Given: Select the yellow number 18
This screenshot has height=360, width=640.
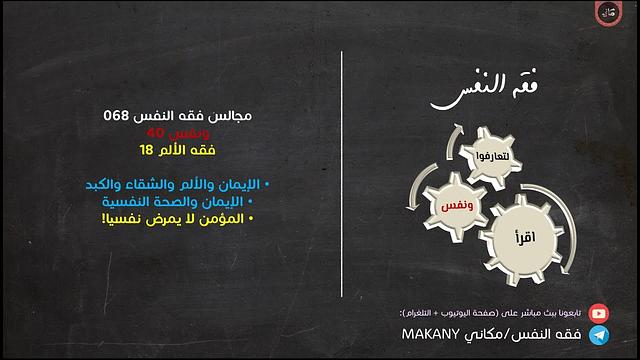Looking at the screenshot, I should click(x=146, y=150).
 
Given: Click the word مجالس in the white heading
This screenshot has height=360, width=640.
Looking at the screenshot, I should click(x=231, y=116).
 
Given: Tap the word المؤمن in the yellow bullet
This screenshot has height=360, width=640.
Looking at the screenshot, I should click(x=226, y=217).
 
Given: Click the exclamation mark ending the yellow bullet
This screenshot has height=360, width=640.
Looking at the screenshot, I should click(x=103, y=217).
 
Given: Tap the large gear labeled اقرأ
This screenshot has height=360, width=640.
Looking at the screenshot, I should click(x=523, y=239).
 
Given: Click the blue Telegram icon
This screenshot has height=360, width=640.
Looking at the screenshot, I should click(x=598, y=335).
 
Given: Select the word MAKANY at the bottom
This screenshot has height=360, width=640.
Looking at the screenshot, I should click(x=429, y=335).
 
